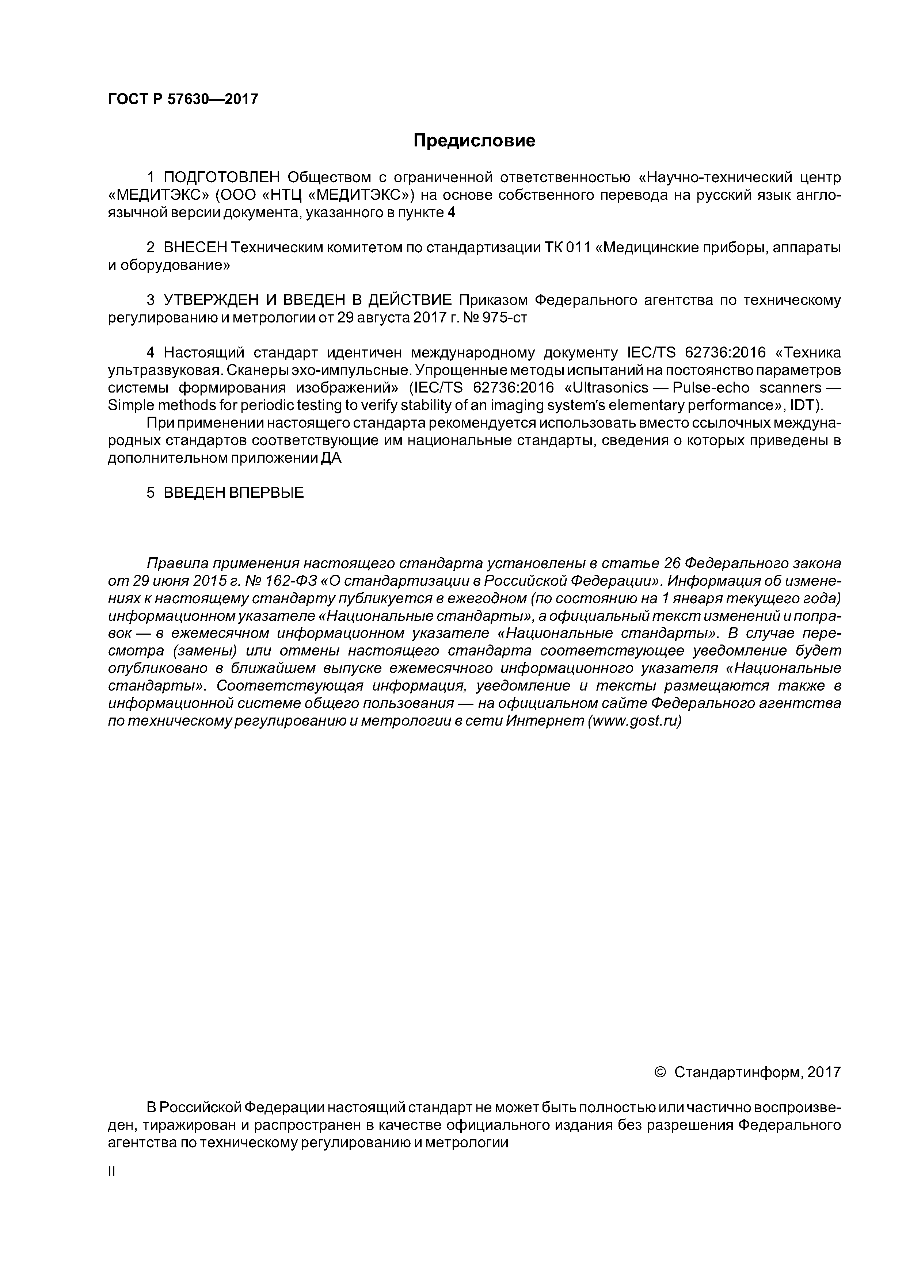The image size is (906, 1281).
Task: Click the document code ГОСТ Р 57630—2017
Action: [x=183, y=99]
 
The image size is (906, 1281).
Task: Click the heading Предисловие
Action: [x=474, y=141]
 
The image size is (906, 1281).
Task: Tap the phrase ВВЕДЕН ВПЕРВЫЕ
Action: [x=233, y=493]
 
